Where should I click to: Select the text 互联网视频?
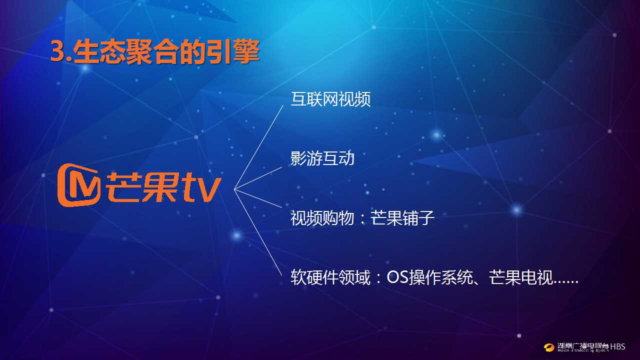click(x=330, y=99)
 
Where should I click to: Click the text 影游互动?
click(x=322, y=158)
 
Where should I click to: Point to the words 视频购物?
click(x=322, y=217)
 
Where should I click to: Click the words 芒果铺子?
click(x=402, y=217)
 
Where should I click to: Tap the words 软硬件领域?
click(x=330, y=277)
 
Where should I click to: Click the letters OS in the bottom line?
click(x=397, y=277)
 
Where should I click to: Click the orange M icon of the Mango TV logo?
click(x=79, y=185)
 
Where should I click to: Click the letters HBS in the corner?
click(x=617, y=347)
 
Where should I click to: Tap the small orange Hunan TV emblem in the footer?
click(x=549, y=347)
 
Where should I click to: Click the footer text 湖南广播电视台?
click(x=583, y=345)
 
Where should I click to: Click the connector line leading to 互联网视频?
click(x=258, y=147)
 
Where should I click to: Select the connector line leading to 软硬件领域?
click(x=258, y=232)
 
